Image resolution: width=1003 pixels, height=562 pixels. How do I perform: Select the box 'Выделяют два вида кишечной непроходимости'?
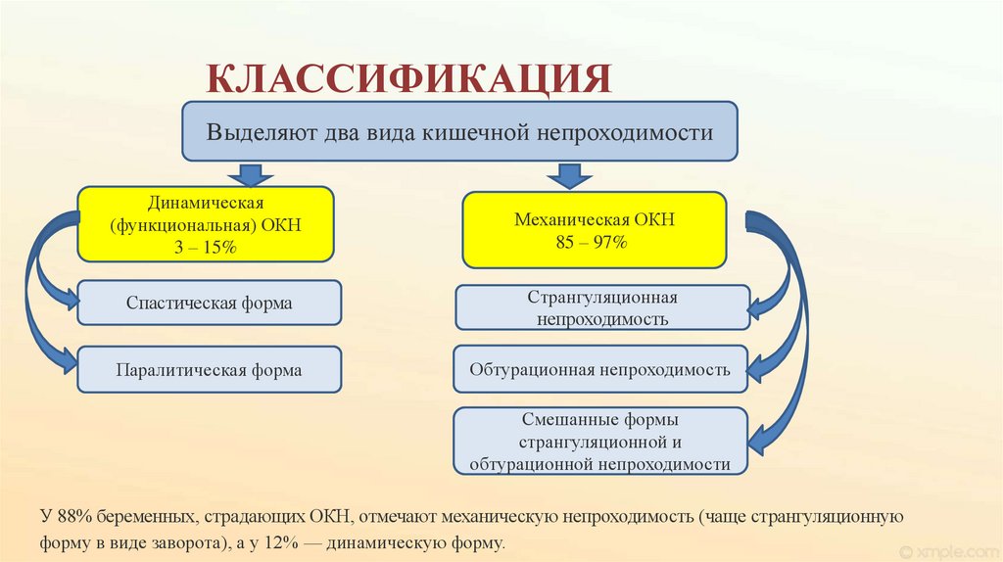(x=459, y=131)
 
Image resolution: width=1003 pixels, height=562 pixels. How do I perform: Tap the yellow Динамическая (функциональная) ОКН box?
(x=206, y=225)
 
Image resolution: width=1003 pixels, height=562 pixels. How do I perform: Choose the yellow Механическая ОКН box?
(x=595, y=230)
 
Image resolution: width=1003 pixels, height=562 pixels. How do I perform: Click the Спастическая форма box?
(x=209, y=303)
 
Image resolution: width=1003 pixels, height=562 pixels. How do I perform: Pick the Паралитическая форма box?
(x=209, y=370)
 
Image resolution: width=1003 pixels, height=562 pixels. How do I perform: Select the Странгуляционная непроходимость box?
(x=601, y=307)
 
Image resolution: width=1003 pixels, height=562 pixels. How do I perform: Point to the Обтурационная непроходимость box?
(x=600, y=370)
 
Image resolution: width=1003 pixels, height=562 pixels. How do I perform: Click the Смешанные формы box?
(x=600, y=442)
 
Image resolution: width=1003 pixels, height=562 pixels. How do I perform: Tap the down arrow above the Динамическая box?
(x=251, y=175)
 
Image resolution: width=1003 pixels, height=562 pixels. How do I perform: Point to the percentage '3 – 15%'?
(x=206, y=249)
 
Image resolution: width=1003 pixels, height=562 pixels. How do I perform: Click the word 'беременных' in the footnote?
(x=140, y=516)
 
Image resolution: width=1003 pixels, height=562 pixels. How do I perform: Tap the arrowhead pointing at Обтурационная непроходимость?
(x=755, y=369)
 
